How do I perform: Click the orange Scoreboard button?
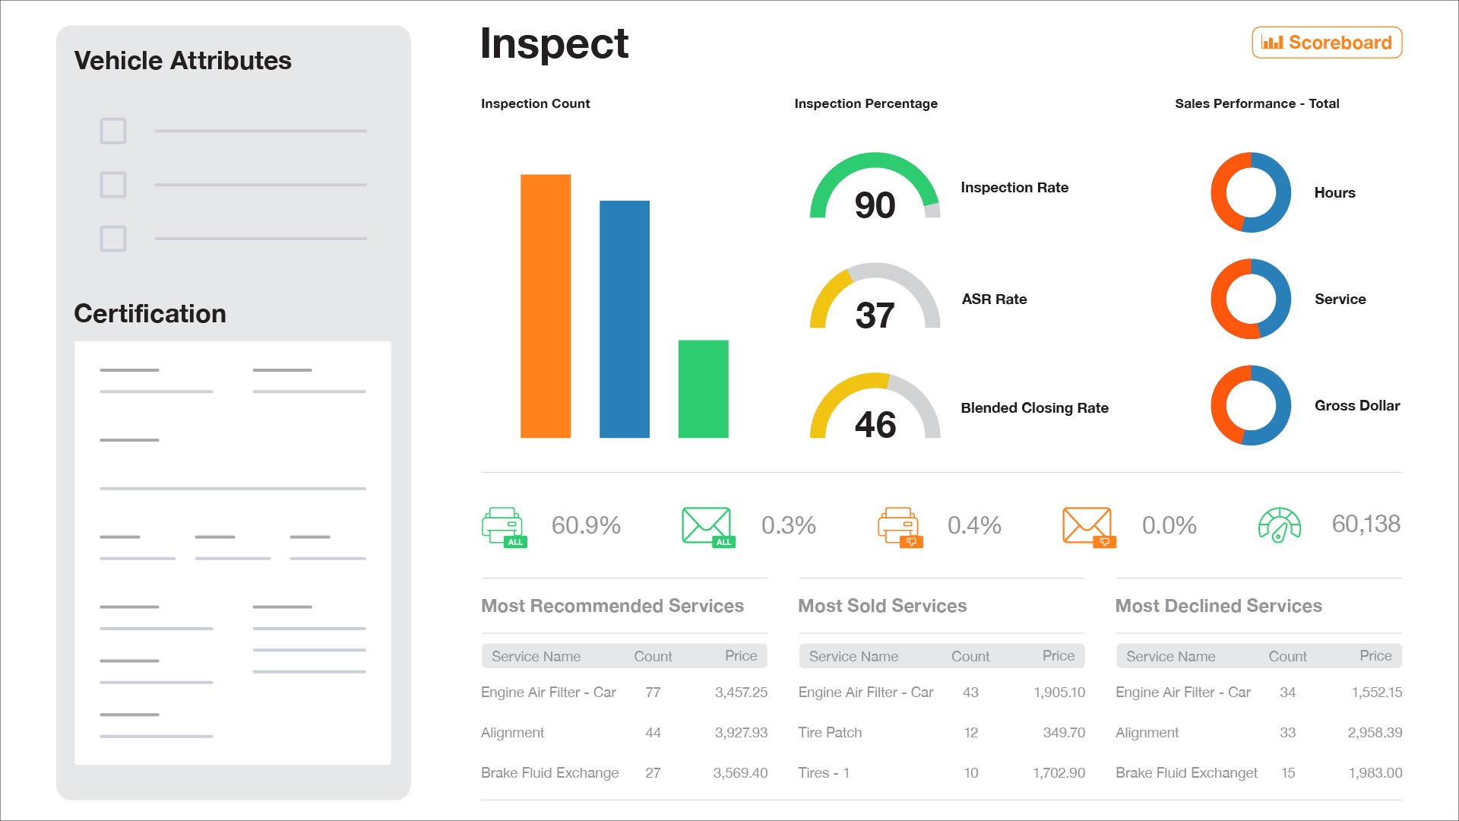click(x=1327, y=43)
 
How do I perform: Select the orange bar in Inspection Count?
click(x=545, y=306)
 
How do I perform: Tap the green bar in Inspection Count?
click(x=703, y=388)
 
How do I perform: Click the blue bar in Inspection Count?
click(x=624, y=319)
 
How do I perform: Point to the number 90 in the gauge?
click(x=875, y=205)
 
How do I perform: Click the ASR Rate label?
click(x=994, y=299)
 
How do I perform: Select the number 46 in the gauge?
click(x=875, y=424)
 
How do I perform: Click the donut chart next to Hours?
click(x=1250, y=192)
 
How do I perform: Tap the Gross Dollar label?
click(x=1357, y=405)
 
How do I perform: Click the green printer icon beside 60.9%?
click(x=503, y=526)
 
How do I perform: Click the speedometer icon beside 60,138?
click(x=1280, y=525)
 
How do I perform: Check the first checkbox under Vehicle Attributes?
click(x=113, y=131)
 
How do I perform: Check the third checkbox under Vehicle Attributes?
click(x=113, y=239)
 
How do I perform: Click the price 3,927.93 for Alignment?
click(x=740, y=732)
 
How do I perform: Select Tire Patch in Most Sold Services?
click(x=829, y=732)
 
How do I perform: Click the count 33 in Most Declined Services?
click(x=1287, y=732)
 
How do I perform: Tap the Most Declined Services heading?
click(x=1218, y=606)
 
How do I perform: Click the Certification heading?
click(x=150, y=313)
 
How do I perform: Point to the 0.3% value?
click(x=788, y=525)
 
